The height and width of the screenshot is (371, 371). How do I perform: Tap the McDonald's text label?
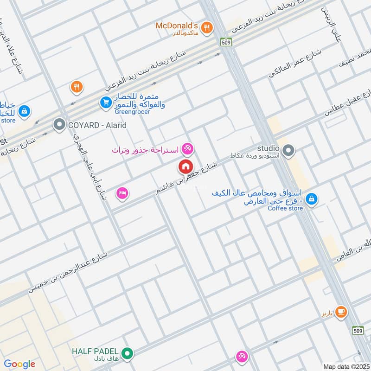[x=177, y=25]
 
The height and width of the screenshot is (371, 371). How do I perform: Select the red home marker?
[x=185, y=166]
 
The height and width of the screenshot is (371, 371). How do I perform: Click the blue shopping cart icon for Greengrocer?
[x=106, y=102]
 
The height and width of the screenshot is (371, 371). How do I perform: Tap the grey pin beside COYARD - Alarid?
[x=59, y=125]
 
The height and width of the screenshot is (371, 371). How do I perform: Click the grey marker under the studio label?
[x=288, y=150]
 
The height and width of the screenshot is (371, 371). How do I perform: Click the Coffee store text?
[x=285, y=208]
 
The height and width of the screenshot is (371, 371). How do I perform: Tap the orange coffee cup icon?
[x=341, y=311]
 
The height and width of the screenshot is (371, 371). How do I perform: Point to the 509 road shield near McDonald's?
[x=226, y=41]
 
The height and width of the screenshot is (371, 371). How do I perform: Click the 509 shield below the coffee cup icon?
[x=358, y=330]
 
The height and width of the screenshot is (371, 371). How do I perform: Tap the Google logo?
[x=19, y=364]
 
